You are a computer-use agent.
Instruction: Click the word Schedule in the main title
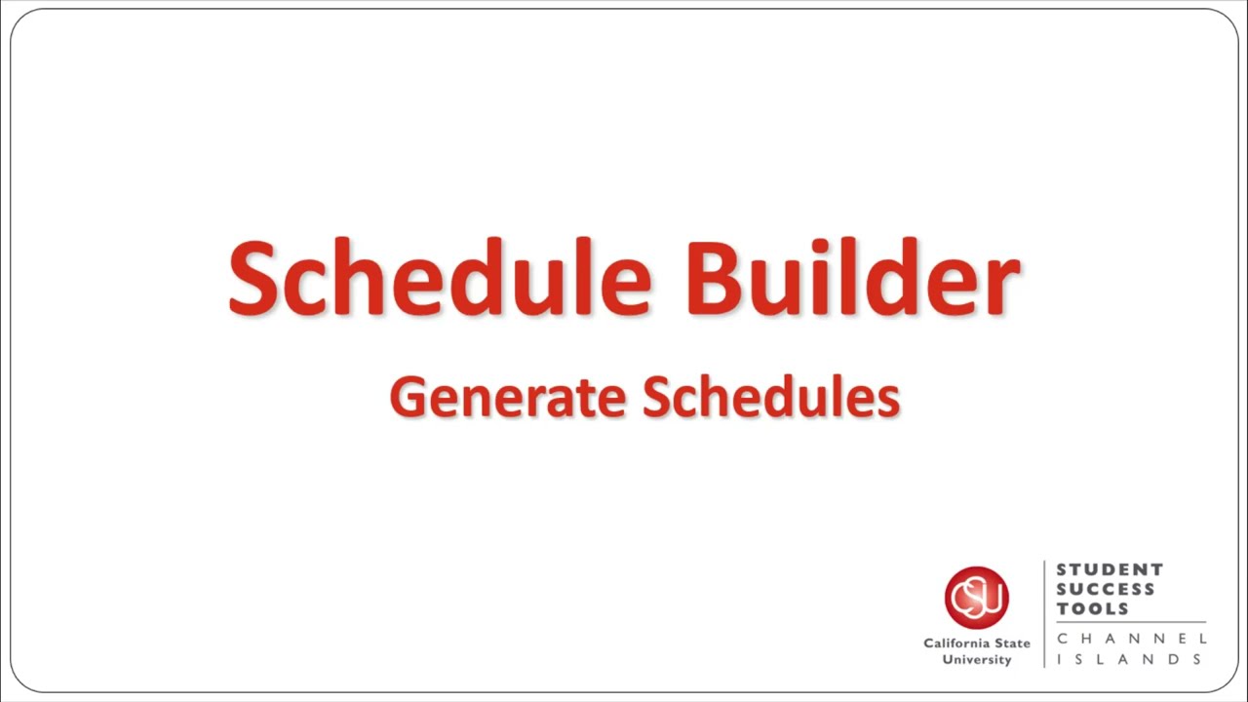tap(439, 278)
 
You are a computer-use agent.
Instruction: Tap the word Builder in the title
tap(852, 278)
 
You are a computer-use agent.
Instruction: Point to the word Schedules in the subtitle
tap(771, 398)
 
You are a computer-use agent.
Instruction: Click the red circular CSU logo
tap(976, 597)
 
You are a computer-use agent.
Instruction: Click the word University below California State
tap(976, 660)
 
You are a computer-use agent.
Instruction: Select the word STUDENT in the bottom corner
tap(1110, 569)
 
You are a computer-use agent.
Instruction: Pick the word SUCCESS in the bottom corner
tap(1106, 589)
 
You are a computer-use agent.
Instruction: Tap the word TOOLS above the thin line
tap(1093, 608)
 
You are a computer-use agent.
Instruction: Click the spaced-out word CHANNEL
tap(1131, 638)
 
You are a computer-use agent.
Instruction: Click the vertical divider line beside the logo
tap(1044, 614)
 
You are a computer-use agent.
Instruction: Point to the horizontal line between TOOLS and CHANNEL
tap(1131, 622)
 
